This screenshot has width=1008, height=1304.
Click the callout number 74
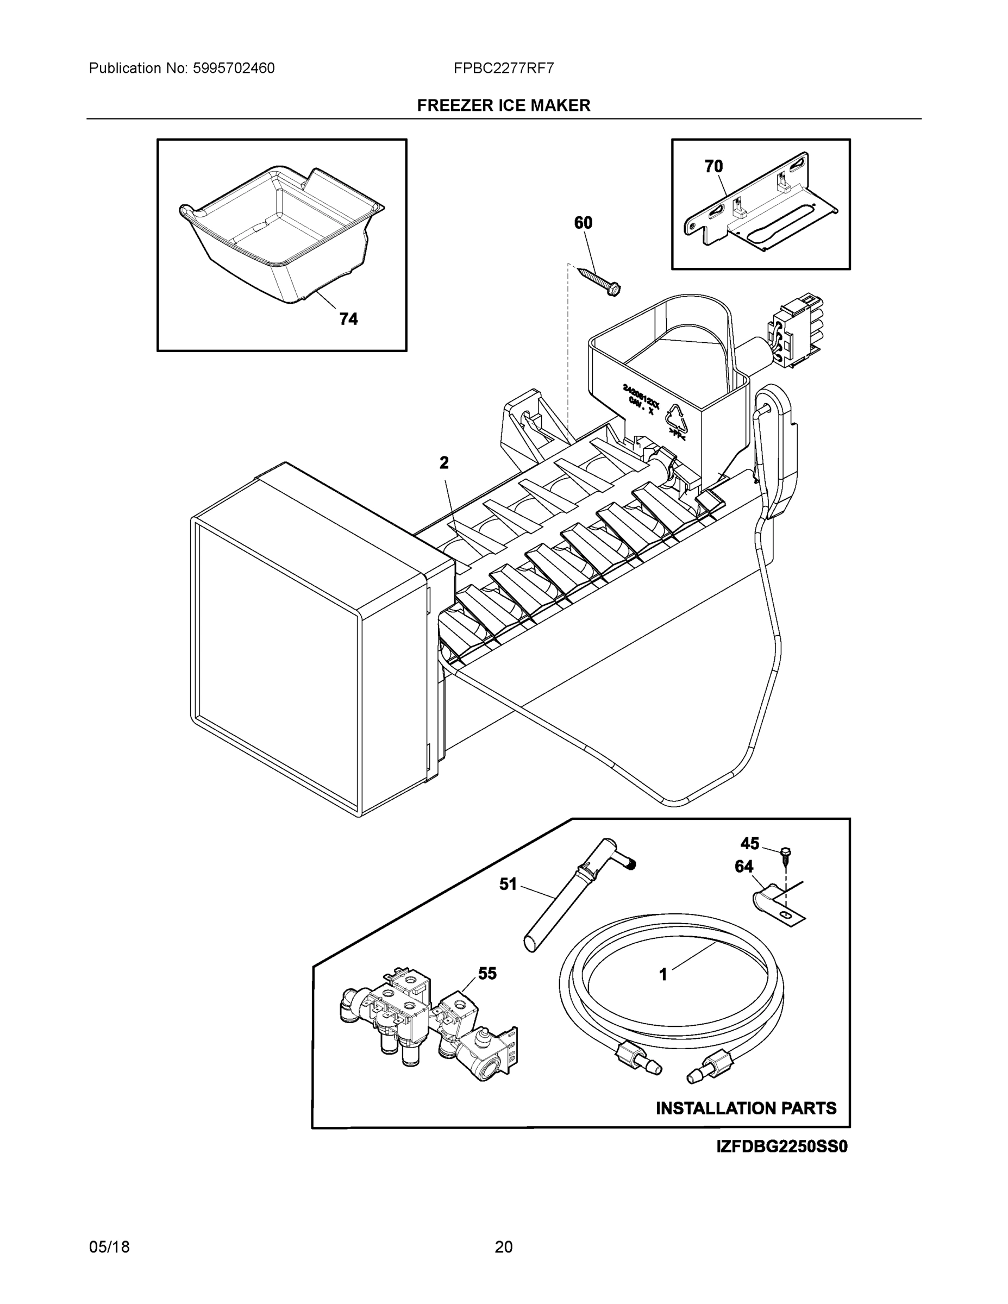pyautogui.click(x=349, y=319)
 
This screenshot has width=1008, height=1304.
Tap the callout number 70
pyautogui.click(x=713, y=167)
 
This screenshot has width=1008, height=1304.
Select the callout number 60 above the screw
pyautogui.click(x=583, y=223)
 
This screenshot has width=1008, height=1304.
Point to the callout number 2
pyautogui.click(x=444, y=463)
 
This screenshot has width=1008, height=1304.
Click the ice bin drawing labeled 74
pyautogui.click(x=280, y=233)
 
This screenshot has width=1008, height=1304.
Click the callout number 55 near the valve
pyautogui.click(x=487, y=973)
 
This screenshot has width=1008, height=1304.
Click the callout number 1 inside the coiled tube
pyautogui.click(x=663, y=975)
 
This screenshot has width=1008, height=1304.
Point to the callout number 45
pyautogui.click(x=749, y=844)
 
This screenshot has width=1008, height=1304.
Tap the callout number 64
pyautogui.click(x=743, y=867)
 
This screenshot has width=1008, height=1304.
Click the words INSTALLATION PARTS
pyautogui.click(x=746, y=1109)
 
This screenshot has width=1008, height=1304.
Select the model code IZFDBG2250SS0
pyautogui.click(x=782, y=1147)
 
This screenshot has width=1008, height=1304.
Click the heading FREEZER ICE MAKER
pyautogui.click(x=503, y=106)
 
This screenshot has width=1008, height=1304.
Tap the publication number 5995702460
pyautogui.click(x=234, y=68)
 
